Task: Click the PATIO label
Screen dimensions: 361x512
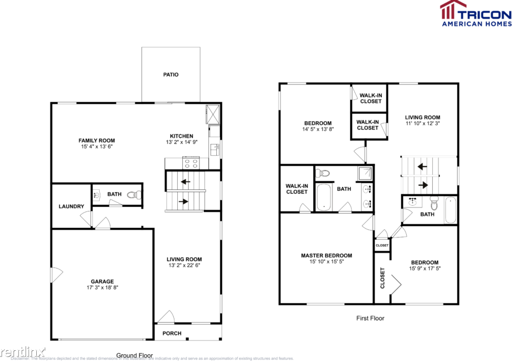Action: pyautogui.click(x=170, y=75)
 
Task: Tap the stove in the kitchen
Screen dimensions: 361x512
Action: pyautogui.click(x=191, y=163)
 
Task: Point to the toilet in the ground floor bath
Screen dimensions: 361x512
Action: pyautogui.click(x=134, y=195)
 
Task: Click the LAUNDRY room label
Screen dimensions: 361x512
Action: pyautogui.click(x=71, y=206)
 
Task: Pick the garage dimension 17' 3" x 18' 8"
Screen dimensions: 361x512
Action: pyautogui.click(x=103, y=288)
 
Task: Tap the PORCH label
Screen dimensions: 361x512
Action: pyautogui.click(x=172, y=333)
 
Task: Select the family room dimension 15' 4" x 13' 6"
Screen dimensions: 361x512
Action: pyautogui.click(x=97, y=147)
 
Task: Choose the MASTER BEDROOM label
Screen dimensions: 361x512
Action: pyautogui.click(x=326, y=256)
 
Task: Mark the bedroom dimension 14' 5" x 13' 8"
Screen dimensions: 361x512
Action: pyautogui.click(x=318, y=129)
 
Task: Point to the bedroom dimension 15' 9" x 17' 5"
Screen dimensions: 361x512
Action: pyautogui.click(x=424, y=269)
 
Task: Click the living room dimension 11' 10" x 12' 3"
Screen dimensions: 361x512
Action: pyautogui.click(x=423, y=124)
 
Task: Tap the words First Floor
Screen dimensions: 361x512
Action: pyautogui.click(x=370, y=318)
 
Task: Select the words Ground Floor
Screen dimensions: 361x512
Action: pyautogui.click(x=135, y=355)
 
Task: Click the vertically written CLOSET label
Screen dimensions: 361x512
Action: pyautogui.click(x=382, y=278)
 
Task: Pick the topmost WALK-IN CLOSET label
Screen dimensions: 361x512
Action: pyautogui.click(x=370, y=99)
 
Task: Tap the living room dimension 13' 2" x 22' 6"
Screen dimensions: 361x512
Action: pyautogui.click(x=185, y=265)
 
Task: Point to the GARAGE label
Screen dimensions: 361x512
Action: pyautogui.click(x=103, y=281)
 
